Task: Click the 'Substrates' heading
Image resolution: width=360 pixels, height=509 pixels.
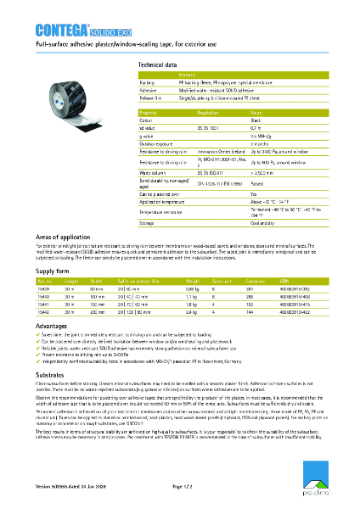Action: [52, 372]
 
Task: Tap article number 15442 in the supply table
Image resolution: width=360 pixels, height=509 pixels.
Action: [44, 313]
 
